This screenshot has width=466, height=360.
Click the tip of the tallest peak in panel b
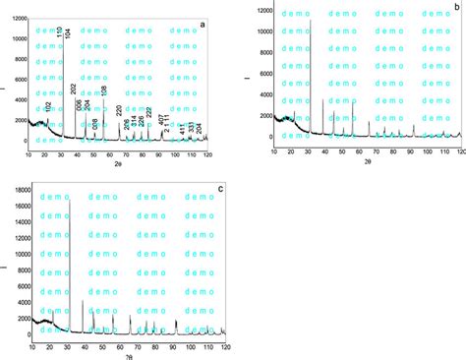click(x=311, y=21)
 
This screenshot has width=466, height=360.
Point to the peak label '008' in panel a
click(x=95, y=125)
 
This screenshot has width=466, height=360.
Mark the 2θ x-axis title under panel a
click(x=117, y=166)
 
